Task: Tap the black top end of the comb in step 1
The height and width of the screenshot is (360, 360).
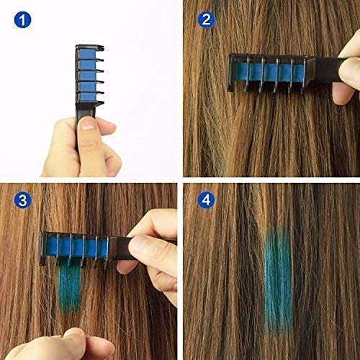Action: (x=86, y=48)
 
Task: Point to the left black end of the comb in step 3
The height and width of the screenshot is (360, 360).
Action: (x=45, y=247)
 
